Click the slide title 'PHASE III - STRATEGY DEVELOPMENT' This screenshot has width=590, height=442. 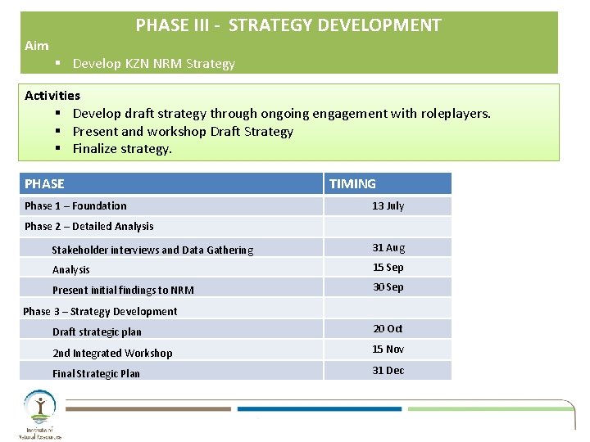click(288, 25)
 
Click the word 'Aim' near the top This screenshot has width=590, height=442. click(37, 47)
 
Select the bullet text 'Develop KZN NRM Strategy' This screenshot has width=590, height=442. click(153, 63)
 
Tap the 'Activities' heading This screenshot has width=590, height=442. click(52, 96)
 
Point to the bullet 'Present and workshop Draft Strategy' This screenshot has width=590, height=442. click(183, 131)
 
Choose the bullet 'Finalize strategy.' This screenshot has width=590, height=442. click(122, 148)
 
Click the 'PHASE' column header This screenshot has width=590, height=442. click(44, 183)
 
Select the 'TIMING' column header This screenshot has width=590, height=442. click(352, 184)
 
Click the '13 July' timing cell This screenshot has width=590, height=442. click(388, 205)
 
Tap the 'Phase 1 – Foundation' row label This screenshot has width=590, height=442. click(75, 205)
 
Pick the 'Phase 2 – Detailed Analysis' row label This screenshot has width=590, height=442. click(88, 226)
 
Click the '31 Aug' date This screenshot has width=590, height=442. click(388, 247)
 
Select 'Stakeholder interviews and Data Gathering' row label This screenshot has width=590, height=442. click(152, 250)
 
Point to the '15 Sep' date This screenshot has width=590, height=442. click(388, 268)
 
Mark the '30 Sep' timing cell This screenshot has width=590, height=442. click(388, 287)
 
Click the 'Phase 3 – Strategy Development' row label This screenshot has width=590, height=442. click(100, 311)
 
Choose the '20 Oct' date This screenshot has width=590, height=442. click(388, 328)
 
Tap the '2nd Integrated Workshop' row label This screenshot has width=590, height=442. click(112, 353)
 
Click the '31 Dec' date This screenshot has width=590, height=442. click(388, 370)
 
